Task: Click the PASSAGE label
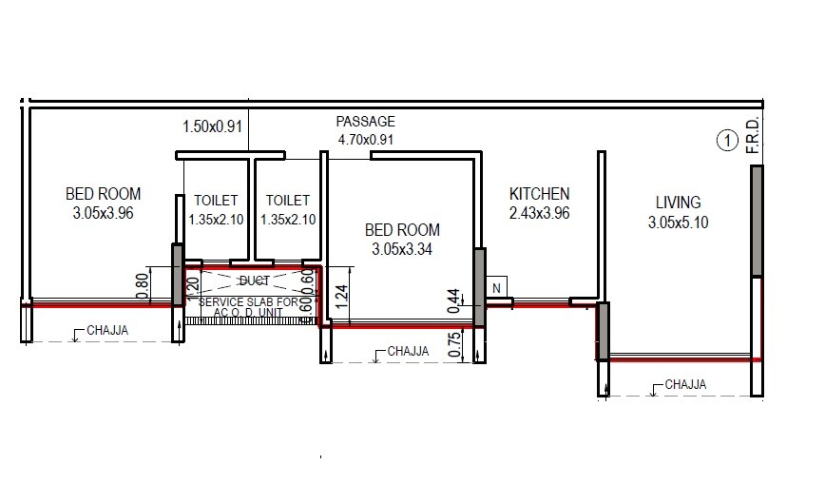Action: click(365, 123)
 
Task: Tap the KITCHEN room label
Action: click(539, 194)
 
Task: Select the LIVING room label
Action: click(678, 203)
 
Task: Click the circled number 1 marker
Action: click(726, 142)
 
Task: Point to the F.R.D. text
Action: click(752, 135)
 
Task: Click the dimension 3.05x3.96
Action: click(103, 215)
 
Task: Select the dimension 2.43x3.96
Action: click(539, 213)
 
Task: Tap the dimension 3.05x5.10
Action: click(678, 223)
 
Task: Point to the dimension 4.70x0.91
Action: click(365, 140)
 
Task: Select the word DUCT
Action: click(253, 281)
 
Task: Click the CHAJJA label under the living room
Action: click(685, 385)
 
